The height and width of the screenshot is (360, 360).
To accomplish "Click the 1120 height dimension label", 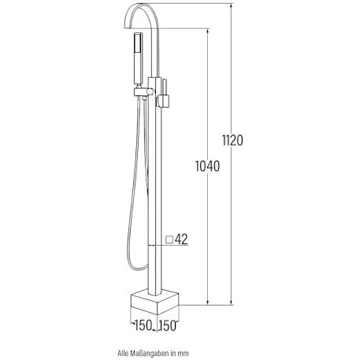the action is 232,140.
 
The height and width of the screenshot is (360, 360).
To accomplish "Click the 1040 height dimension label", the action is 207,166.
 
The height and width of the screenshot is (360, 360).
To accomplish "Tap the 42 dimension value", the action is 181,239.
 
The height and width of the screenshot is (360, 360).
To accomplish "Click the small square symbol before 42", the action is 169,239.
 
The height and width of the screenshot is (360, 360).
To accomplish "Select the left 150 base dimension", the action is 143,325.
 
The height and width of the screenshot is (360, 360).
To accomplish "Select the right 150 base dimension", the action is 167,326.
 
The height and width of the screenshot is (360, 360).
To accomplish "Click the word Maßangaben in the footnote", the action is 149,353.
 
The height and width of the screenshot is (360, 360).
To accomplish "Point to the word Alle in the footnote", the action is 123,353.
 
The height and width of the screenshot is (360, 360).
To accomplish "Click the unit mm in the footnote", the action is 184,354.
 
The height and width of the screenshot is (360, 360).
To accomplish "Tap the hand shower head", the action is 139,59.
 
